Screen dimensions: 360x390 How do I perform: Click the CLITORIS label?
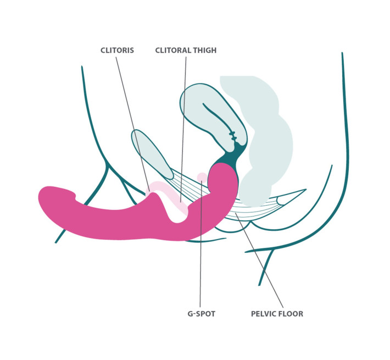(x=117, y=50)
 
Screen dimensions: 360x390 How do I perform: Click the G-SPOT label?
(x=201, y=314)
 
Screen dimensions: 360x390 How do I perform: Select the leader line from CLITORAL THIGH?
(x=183, y=121)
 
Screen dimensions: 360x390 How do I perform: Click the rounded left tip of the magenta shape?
(x=47, y=198)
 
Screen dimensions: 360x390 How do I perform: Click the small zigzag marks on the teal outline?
(x=233, y=134)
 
